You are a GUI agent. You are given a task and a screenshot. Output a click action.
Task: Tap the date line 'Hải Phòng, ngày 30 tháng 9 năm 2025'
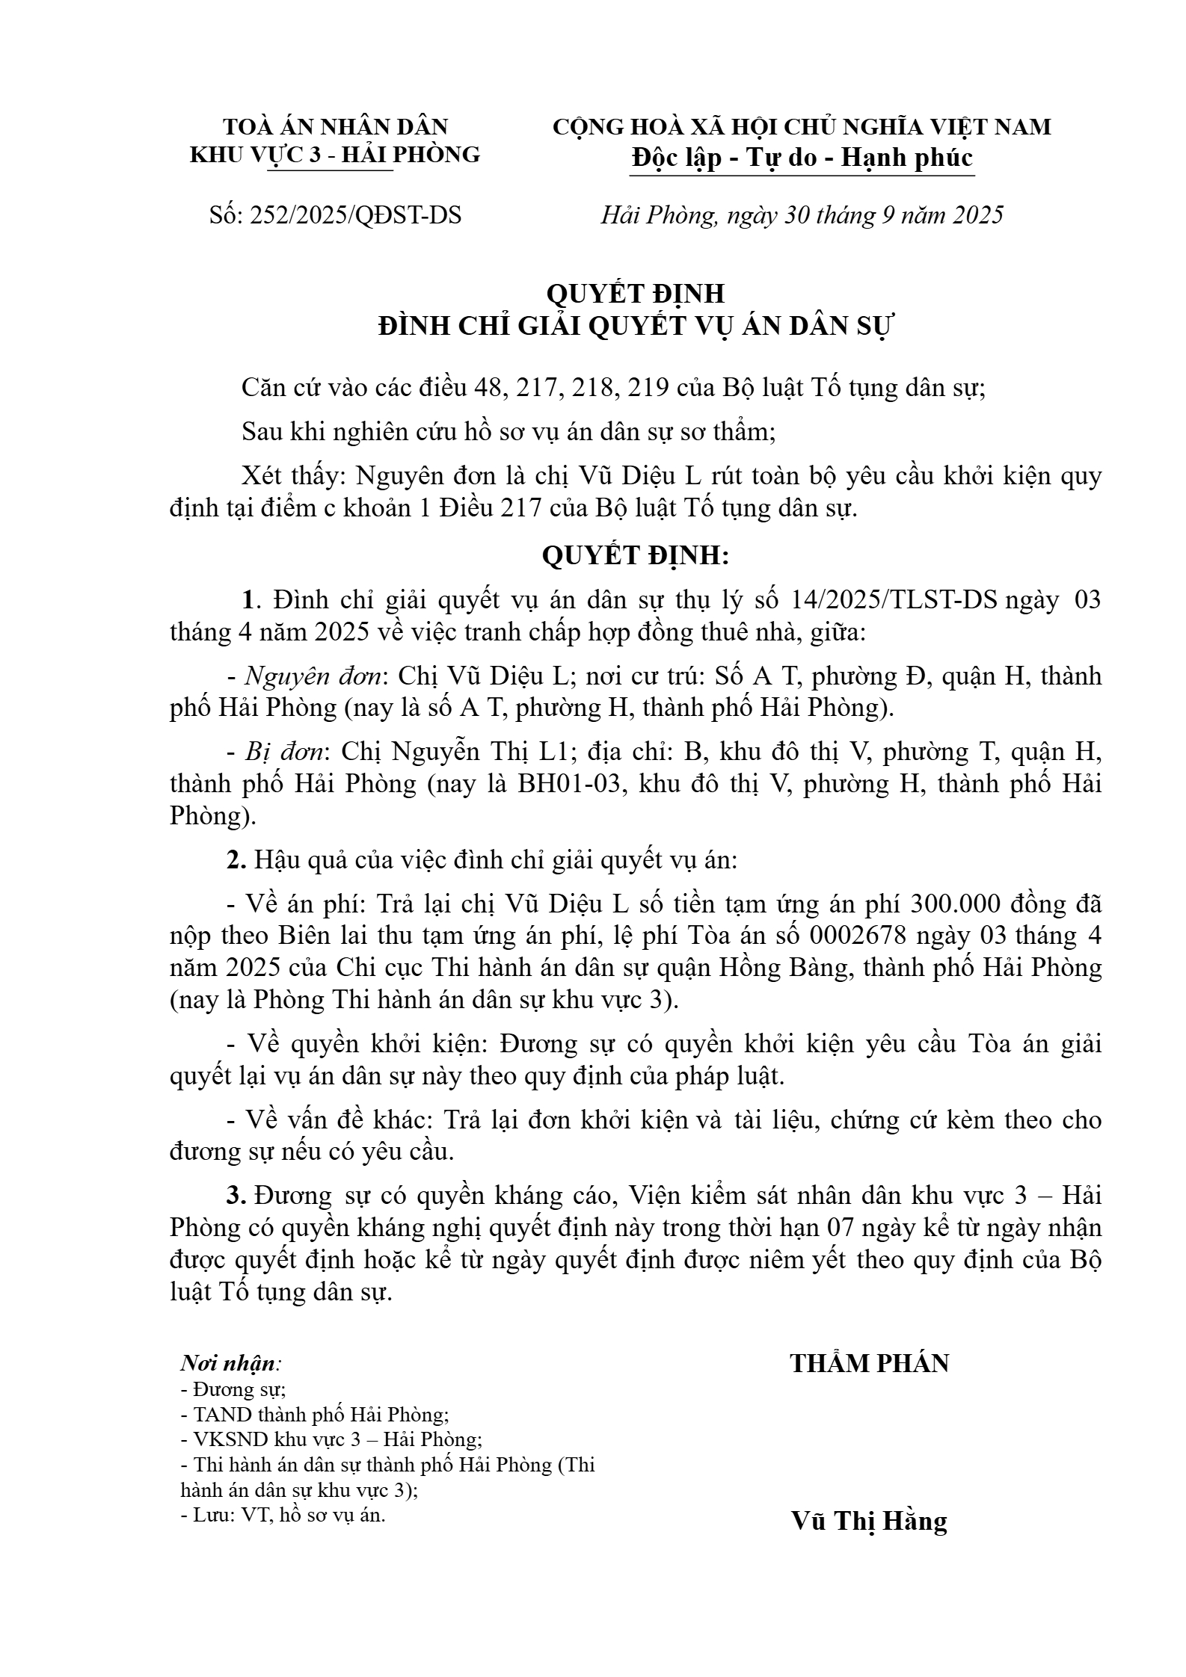801,215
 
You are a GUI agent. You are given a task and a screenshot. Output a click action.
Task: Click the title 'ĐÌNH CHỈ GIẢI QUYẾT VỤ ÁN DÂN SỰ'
636,327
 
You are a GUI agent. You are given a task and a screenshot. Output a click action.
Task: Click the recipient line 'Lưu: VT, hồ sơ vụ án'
284,1516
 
